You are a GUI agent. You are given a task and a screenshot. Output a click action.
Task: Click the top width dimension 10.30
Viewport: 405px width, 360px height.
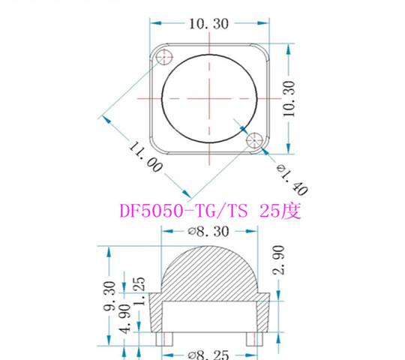208,23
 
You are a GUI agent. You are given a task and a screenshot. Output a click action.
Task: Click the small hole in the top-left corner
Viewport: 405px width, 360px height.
163,55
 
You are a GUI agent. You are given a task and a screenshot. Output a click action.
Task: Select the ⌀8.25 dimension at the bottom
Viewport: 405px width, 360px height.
208,352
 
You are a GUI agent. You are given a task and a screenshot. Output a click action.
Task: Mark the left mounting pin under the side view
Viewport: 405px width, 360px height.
164,339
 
